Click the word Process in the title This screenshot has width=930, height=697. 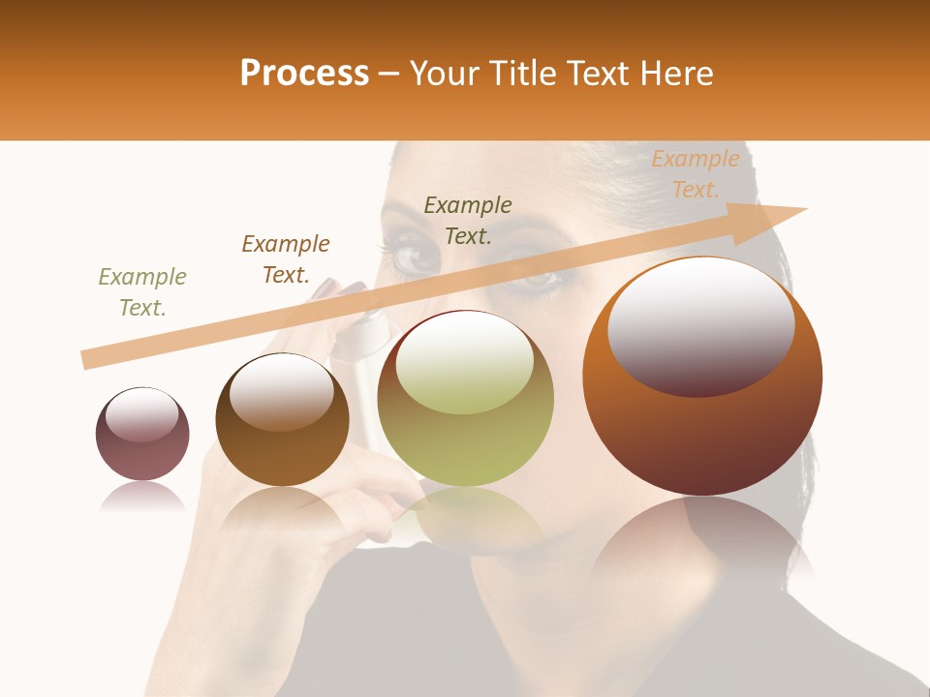point(304,74)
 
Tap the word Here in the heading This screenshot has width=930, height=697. point(676,74)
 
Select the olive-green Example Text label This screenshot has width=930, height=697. point(142,292)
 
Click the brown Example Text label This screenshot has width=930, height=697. point(286,259)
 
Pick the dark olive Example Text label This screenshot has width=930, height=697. point(468,220)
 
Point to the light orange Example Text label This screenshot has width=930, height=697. point(696,174)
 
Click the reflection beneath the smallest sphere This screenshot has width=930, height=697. point(142,498)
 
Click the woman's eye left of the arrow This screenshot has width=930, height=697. point(415,257)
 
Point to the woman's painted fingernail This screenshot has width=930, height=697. point(325,288)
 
